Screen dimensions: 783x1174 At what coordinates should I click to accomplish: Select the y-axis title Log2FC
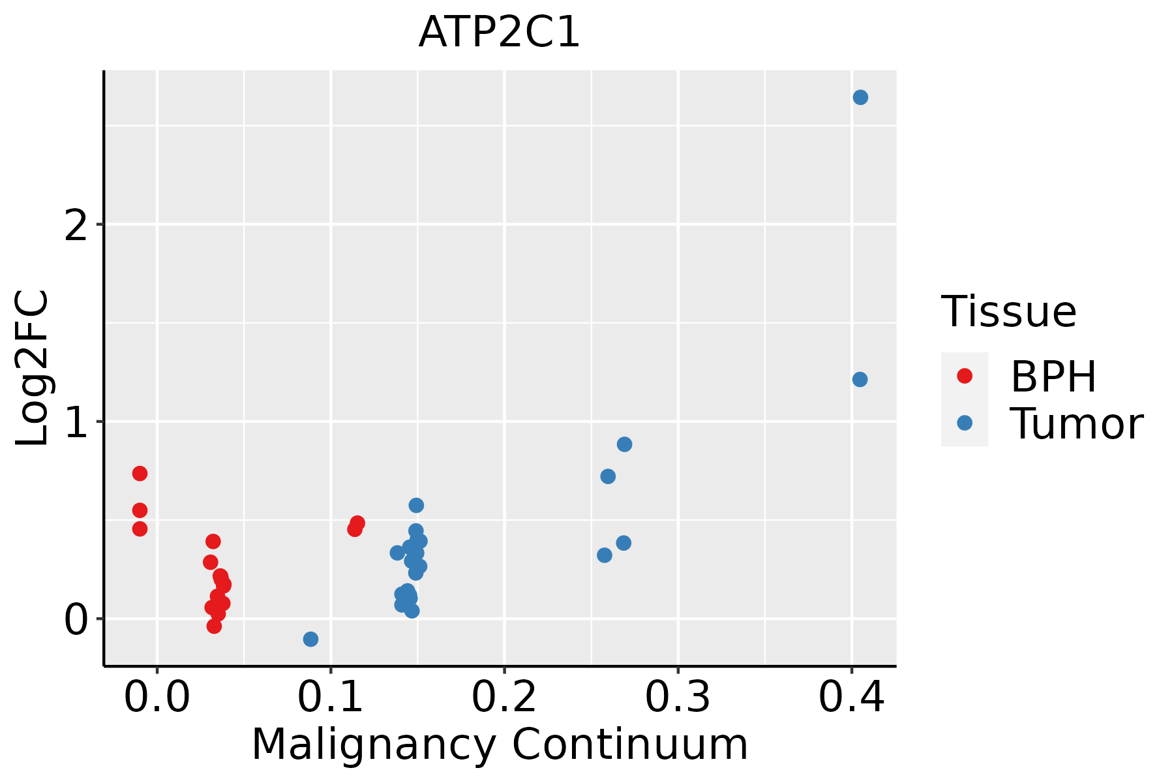tap(33, 368)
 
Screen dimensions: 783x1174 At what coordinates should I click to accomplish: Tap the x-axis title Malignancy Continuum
tap(500, 745)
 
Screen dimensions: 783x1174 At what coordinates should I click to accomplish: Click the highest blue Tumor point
tap(860, 97)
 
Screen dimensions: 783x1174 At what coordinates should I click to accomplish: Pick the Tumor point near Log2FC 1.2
tap(860, 379)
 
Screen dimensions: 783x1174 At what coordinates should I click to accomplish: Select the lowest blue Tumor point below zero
tap(310, 639)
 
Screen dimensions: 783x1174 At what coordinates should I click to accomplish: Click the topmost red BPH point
tap(140, 473)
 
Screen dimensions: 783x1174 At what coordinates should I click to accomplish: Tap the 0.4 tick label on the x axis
tap(851, 698)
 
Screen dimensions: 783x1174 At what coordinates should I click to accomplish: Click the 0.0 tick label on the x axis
tap(157, 698)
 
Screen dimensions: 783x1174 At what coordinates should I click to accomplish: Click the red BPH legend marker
tap(964, 376)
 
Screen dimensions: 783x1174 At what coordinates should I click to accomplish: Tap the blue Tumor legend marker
tap(964, 423)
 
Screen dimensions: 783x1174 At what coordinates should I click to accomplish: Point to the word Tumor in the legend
tap(1076, 424)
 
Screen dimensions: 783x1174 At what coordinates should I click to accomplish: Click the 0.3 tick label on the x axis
tap(678, 698)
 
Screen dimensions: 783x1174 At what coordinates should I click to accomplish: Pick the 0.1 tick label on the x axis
tap(331, 698)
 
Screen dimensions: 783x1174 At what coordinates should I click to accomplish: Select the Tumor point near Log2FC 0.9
tap(624, 444)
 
